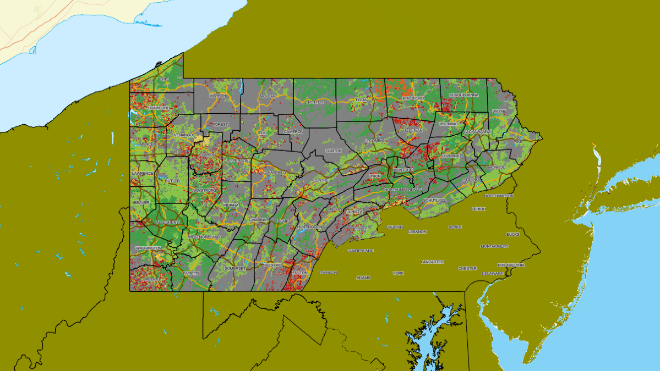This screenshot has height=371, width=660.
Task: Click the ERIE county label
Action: click(164, 79)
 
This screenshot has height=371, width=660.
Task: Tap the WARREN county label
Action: click(218, 96)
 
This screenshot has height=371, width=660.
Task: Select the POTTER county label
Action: click(315, 102)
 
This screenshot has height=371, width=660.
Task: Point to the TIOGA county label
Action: click(361, 100)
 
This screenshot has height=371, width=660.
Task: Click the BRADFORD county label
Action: click(413, 98)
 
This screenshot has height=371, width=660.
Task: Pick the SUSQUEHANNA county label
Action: click(464, 95)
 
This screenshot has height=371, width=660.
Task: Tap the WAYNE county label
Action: click(499, 112)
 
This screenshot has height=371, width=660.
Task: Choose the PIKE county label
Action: click(517, 141)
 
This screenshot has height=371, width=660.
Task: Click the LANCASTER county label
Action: click(432, 262)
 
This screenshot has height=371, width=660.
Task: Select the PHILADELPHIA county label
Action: click(511, 265)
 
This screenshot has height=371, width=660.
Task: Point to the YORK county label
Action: click(398, 273)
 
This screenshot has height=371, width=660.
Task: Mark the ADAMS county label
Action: click(363, 278)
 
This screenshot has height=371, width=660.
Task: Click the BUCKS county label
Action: click(512, 235)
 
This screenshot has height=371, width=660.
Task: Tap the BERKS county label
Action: click(455, 227)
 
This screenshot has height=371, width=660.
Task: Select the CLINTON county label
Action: click(334, 151)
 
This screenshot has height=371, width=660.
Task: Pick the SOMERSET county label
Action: click(236, 268)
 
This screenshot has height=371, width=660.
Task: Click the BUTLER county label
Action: click(172, 181)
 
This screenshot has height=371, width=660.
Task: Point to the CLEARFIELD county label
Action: click(275, 172)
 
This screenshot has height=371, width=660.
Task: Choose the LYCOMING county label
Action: click(375, 141)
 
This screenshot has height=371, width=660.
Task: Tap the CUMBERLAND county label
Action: click(360, 251)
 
